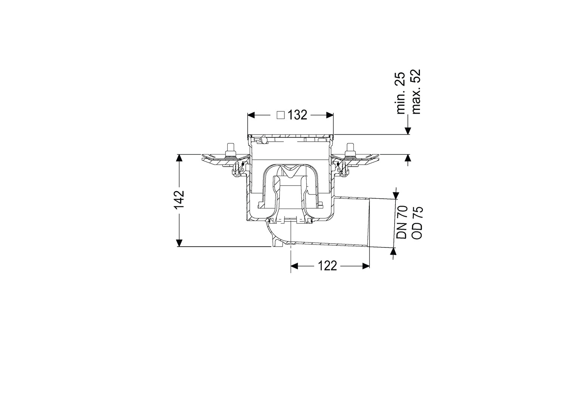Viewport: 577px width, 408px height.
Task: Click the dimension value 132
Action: [x=298, y=115]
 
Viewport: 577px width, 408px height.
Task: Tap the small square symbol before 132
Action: [x=281, y=115]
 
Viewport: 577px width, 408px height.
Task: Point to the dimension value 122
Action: [x=327, y=266]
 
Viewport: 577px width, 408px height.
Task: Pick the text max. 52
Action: [x=416, y=91]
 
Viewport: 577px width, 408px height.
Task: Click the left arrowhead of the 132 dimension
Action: [x=251, y=115]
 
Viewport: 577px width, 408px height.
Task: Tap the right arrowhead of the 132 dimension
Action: [x=330, y=115]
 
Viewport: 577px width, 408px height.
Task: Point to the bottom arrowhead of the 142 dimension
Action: [x=179, y=243]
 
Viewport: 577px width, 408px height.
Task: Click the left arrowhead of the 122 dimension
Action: [x=295, y=266]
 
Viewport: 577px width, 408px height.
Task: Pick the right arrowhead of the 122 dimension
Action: [x=366, y=266]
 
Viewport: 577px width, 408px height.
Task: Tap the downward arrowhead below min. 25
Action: [x=407, y=131]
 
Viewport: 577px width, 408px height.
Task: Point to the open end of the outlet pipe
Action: [x=370, y=223]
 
